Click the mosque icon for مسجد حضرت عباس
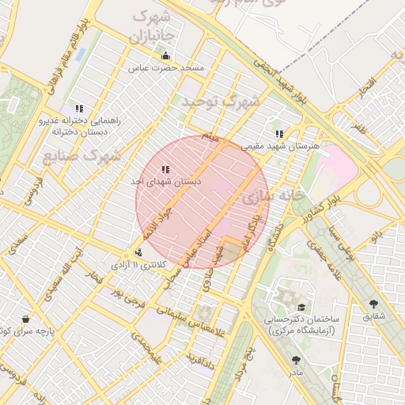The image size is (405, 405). tap(165, 56)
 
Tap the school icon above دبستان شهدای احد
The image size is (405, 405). tap(165, 169)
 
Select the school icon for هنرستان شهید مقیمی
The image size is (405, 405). tap(279, 134)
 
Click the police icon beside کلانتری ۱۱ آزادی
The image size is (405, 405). tap(139, 253)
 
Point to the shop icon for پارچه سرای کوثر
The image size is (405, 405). tap(26, 320)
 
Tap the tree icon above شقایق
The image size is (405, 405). tap(373, 304)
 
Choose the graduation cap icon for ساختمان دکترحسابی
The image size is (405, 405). tap(301, 307)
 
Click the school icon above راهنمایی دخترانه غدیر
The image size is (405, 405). tap(78, 108)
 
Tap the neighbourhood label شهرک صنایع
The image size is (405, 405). tap(81, 154)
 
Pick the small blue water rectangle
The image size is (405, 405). tap(80, 55)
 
